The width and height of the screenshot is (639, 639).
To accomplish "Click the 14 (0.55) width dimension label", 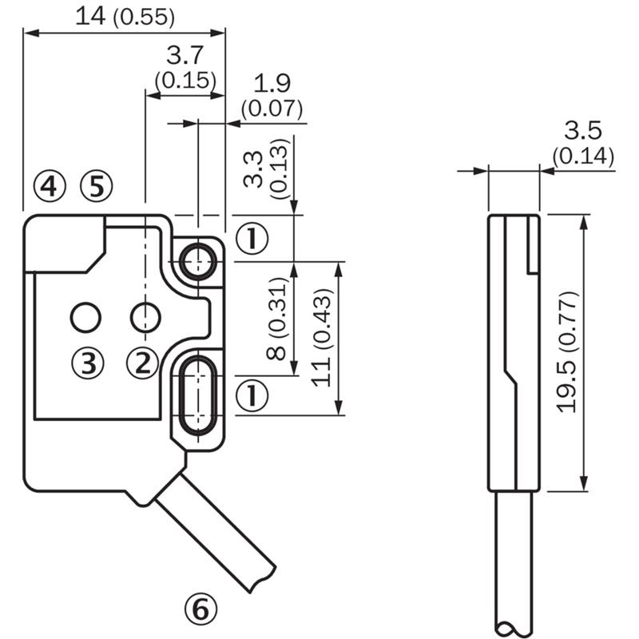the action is (125, 17).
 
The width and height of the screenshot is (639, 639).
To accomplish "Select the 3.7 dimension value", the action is (185, 55).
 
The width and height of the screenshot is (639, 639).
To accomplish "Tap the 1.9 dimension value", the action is (272, 84).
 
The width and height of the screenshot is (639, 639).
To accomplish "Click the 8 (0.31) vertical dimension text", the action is (276, 318).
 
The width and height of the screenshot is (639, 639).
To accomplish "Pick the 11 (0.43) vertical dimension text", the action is (322, 337).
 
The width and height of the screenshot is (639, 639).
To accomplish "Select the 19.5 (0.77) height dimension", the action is (568, 352).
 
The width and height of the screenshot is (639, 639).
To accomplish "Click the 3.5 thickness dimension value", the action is (583, 131).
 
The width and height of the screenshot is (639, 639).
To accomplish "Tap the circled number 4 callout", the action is (50, 186).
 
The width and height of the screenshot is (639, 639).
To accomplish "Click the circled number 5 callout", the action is (97, 186).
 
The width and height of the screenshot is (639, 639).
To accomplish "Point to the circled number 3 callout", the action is (88, 363).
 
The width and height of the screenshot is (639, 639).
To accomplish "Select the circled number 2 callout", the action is (143, 363).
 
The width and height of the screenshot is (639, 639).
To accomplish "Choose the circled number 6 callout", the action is (201, 610).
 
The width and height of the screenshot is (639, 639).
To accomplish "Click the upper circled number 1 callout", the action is (252, 238).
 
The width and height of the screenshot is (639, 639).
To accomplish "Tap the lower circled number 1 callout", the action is (252, 395).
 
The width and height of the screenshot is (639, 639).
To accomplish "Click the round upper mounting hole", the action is (198, 262).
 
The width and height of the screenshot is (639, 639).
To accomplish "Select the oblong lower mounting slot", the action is (198, 395).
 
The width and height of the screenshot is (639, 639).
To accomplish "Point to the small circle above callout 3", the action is (86, 317).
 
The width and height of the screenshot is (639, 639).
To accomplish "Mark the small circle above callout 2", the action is (145, 317).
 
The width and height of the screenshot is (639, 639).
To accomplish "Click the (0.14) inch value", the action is (583, 156).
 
